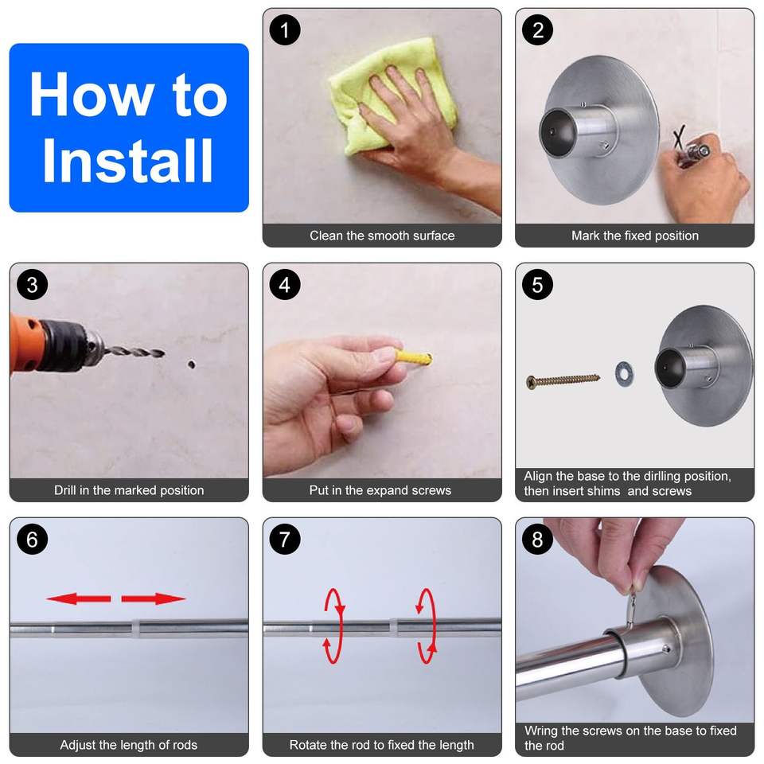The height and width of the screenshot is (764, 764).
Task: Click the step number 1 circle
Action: tap(285, 30)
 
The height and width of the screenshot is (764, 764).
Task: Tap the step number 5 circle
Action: tap(537, 285)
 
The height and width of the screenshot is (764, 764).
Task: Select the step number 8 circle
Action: tap(537, 540)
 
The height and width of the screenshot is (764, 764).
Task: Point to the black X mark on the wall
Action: tap(679, 138)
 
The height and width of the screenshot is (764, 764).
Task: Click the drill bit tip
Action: tap(163, 353)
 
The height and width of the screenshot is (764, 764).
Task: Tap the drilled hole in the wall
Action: tap(192, 364)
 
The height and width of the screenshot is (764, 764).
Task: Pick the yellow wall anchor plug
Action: tap(414, 358)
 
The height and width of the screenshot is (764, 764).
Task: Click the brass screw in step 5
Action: tap(563, 380)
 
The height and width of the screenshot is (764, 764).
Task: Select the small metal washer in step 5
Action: tap(624, 374)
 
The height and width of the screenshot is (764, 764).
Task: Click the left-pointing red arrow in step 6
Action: tap(79, 598)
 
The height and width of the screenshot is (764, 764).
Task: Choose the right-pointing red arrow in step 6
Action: tap(154, 598)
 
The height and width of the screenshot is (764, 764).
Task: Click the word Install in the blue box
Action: tap(127, 160)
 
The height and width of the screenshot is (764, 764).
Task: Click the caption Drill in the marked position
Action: tap(129, 490)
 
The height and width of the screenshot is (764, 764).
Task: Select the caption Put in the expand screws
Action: tap(380, 490)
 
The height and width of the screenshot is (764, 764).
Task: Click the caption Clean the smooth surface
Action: tap(382, 236)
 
